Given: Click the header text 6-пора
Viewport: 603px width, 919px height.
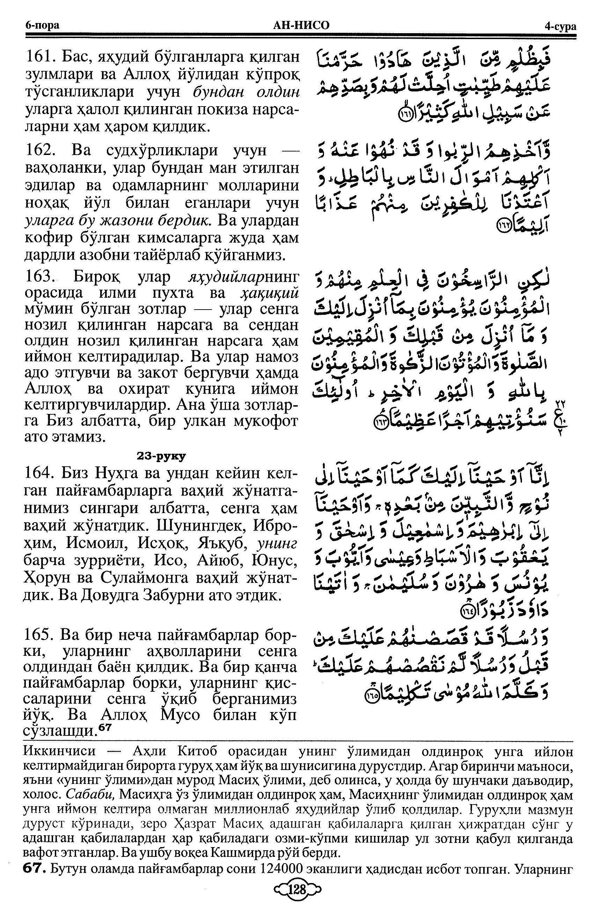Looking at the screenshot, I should pyautogui.click(x=42, y=26).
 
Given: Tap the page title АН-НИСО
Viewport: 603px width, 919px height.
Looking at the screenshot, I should pyautogui.click(x=301, y=25).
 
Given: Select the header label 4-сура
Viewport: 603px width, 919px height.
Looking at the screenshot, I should pyautogui.click(x=560, y=26).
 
